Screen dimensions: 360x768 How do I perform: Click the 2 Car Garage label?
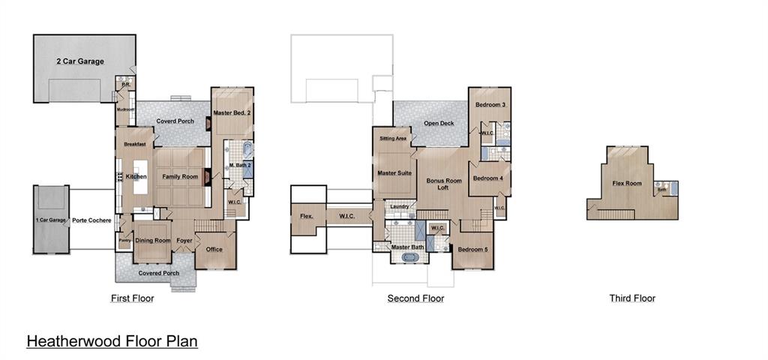pos(80,61)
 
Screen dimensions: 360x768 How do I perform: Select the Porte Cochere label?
pos(92,220)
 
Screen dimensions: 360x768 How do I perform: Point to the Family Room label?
pos(180,176)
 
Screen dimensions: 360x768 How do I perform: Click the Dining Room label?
pos(153,241)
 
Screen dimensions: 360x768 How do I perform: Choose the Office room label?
pos(214,249)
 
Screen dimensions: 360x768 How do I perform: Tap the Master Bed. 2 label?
pos(232,112)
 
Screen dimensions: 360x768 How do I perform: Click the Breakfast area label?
pos(135,144)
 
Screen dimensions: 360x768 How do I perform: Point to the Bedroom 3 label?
pos(489,105)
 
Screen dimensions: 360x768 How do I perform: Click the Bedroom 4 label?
pos(489,178)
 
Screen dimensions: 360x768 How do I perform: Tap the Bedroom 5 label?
pos(472,249)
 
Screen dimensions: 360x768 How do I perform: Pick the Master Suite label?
pos(394,172)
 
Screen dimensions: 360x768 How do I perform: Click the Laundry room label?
pos(400,206)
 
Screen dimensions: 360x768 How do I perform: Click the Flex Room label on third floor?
pos(627,183)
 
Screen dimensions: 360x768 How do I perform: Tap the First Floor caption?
pos(132,298)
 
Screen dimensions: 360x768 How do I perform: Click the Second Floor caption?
pos(415,298)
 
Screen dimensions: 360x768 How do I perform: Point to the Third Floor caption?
pos(632,298)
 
